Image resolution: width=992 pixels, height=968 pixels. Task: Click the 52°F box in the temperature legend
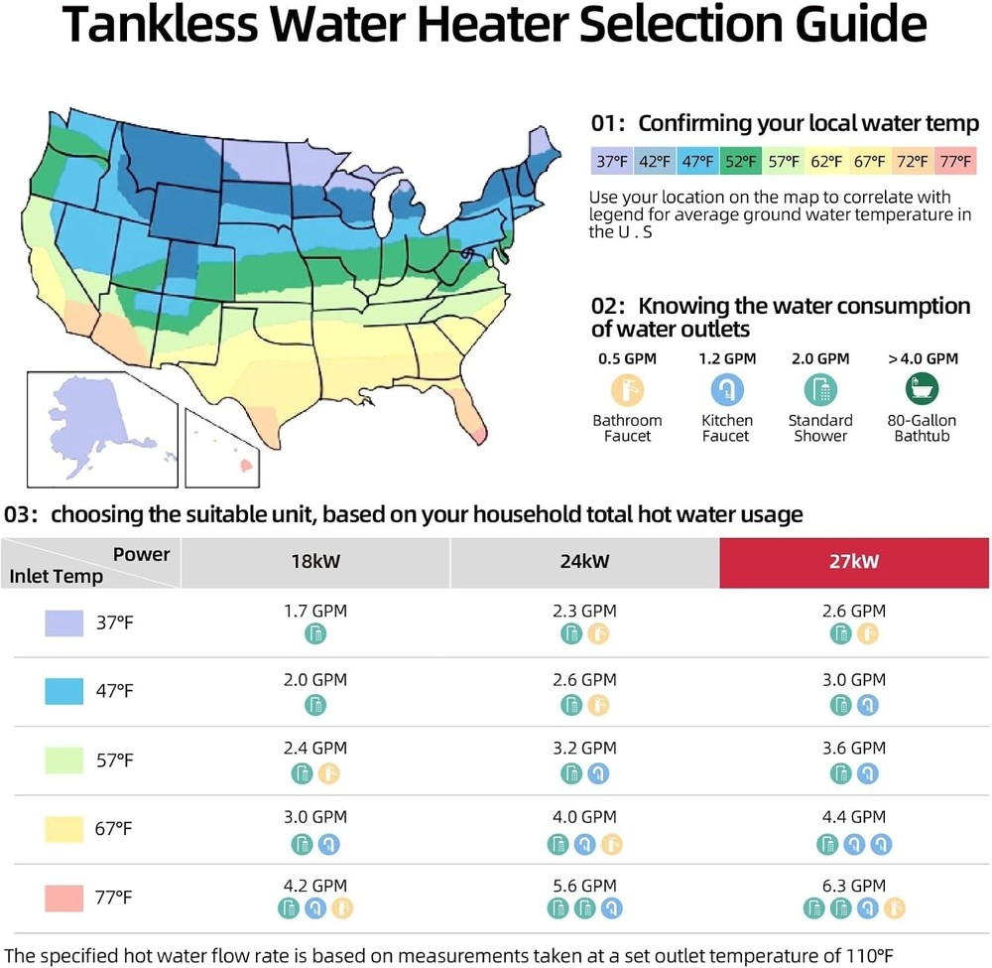pos(740,160)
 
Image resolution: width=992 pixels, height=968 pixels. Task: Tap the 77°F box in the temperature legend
pos(955,160)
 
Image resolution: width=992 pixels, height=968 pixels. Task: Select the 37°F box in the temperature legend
pos(611,160)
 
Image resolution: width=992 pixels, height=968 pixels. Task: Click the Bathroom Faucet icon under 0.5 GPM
pos(627,388)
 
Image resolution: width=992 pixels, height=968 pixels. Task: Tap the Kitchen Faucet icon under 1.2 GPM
pos(726,388)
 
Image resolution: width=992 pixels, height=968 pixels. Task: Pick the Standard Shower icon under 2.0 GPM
pos(820,388)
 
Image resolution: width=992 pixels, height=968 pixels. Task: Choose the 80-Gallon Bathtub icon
pos(923,388)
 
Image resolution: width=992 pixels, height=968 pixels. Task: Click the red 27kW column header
pos(854,562)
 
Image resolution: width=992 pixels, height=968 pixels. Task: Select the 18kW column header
pos(314,562)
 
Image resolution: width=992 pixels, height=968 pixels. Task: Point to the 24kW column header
pos(584,562)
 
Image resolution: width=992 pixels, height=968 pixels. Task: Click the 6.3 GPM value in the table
pos(854,886)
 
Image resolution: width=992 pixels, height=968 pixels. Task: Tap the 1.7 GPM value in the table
pos(315,611)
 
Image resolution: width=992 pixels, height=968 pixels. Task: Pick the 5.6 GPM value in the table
pos(584,886)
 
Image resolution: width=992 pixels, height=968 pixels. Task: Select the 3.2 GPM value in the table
pos(584,748)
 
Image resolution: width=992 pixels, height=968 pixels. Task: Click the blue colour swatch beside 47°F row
pos(63,692)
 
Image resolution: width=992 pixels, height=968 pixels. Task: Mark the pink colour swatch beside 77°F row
pos(63,899)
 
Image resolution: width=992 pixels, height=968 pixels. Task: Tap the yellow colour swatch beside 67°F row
pos(63,829)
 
